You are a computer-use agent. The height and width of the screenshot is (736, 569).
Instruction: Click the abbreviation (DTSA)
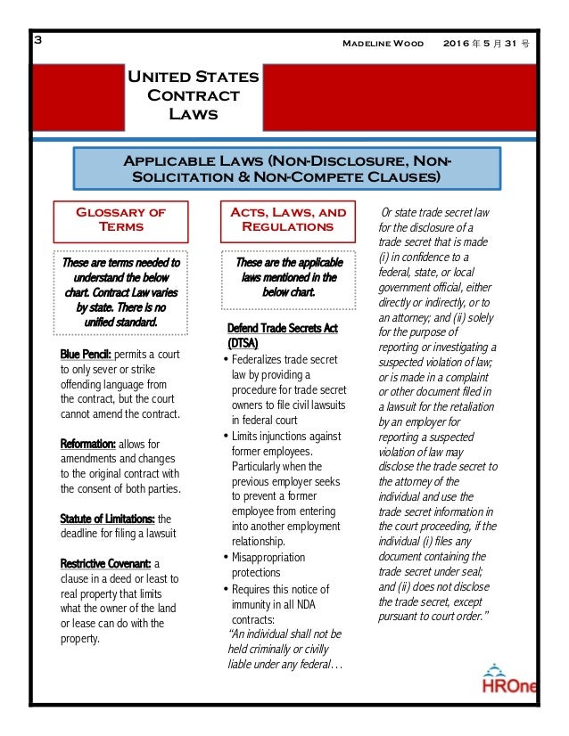[x=246, y=343]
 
